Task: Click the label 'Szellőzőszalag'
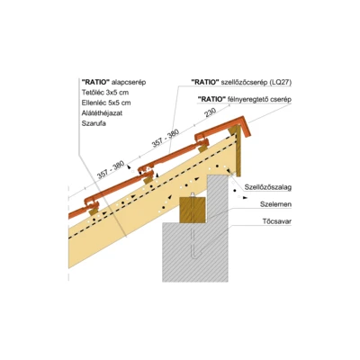(268, 187)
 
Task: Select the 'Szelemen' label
(275, 204)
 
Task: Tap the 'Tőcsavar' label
(277, 222)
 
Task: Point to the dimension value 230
(211, 113)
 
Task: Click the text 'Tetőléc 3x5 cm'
(105, 93)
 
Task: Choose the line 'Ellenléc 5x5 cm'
(106, 103)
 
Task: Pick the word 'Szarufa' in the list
(94, 123)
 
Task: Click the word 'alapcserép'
(129, 82)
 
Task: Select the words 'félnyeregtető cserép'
(260, 100)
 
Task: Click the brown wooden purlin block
(193, 210)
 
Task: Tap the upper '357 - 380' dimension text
(166, 139)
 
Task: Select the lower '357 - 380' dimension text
(111, 170)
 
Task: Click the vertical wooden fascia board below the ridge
(238, 151)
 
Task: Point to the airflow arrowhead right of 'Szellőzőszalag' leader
(246, 198)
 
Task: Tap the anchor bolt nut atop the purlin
(193, 195)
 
